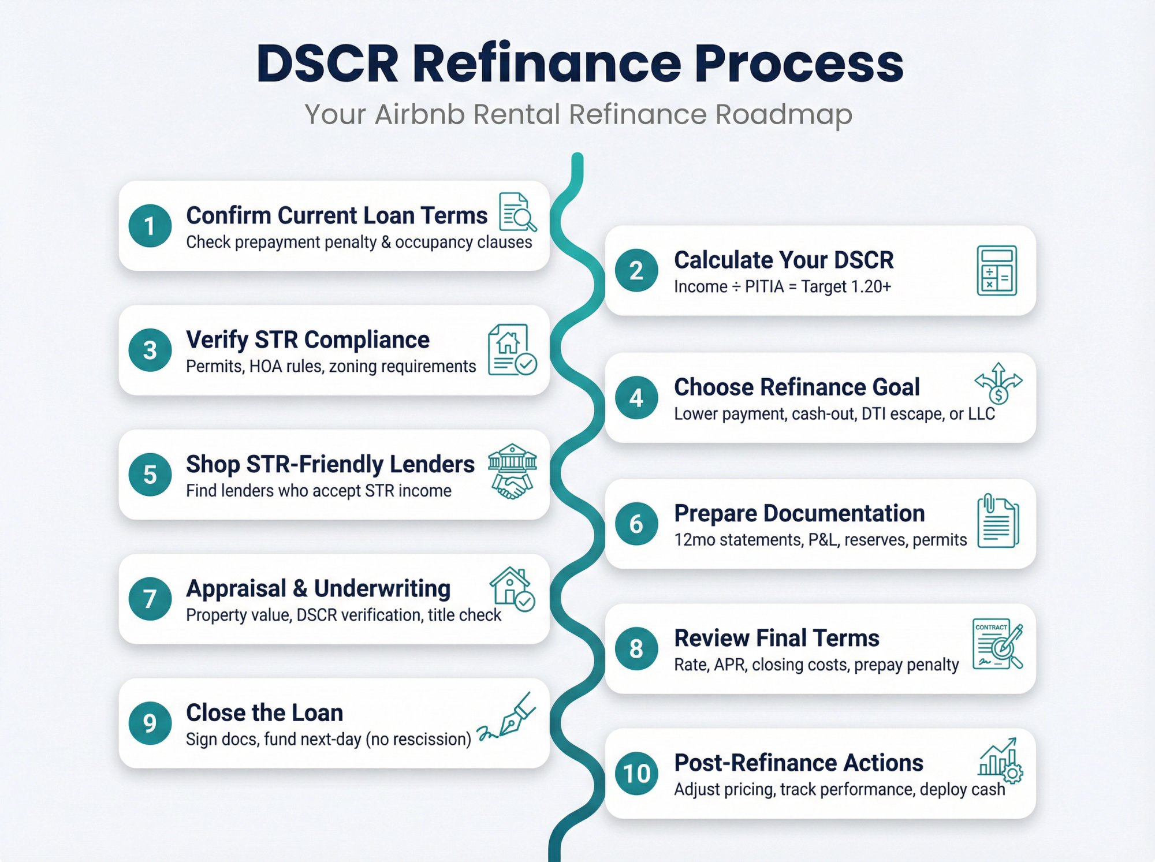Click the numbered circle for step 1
(x=150, y=226)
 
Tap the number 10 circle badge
(x=636, y=773)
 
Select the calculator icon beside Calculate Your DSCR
(x=996, y=270)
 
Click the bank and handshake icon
(x=512, y=471)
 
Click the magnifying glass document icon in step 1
(x=517, y=212)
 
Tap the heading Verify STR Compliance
(x=307, y=339)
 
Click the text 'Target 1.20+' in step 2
(x=845, y=287)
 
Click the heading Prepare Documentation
(x=799, y=513)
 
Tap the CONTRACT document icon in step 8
(x=997, y=644)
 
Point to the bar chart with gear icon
(x=1000, y=760)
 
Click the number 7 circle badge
(x=150, y=599)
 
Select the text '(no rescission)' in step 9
(x=418, y=740)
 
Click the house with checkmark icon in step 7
(x=512, y=589)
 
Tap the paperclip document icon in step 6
(x=997, y=521)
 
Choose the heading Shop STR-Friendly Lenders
(x=330, y=464)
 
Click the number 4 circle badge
(x=636, y=397)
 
